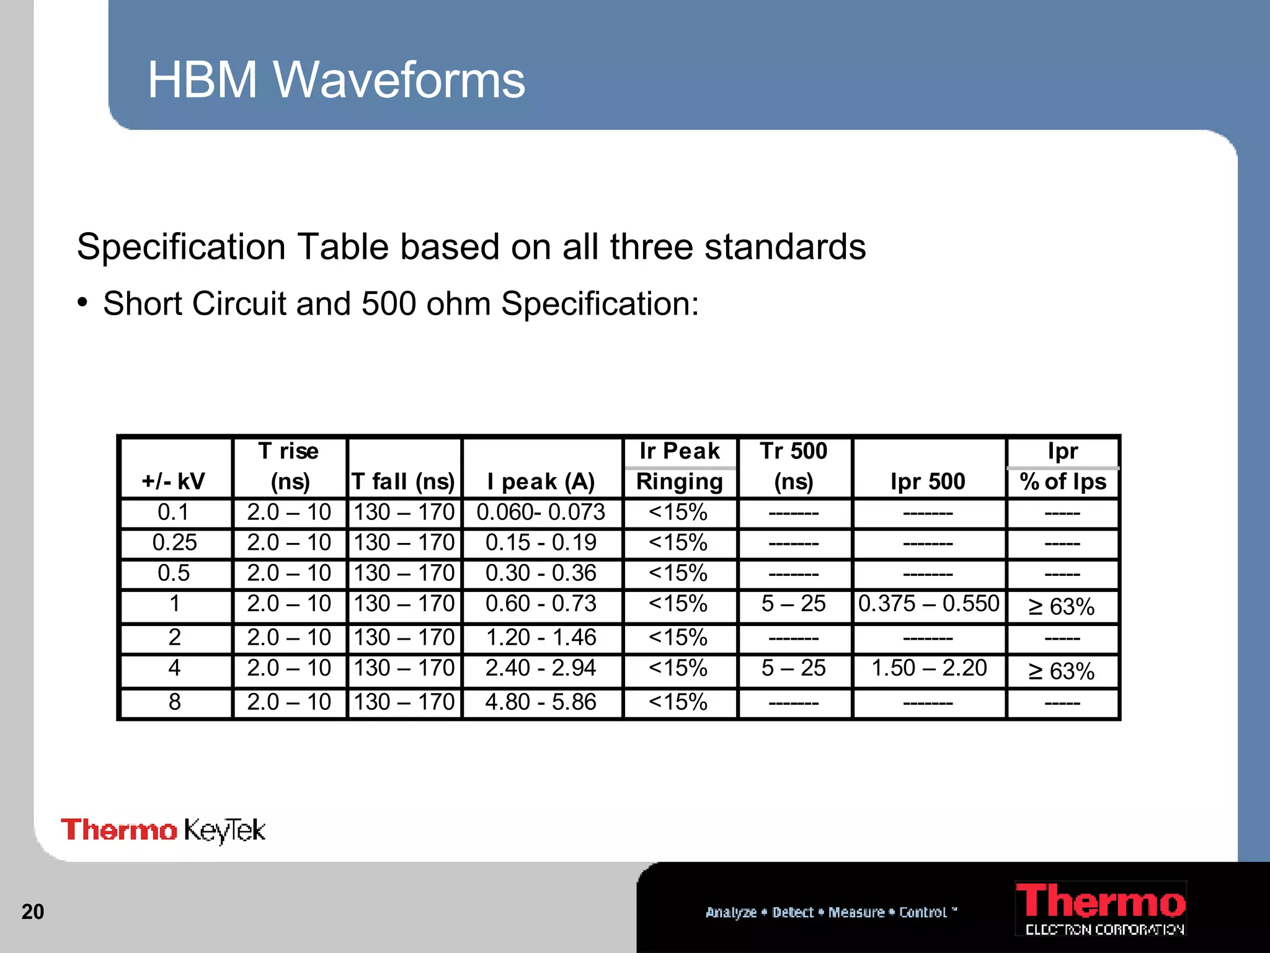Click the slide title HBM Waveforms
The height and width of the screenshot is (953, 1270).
point(336,80)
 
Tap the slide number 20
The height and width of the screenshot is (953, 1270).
point(33,911)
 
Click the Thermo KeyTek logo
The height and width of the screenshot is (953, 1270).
point(163,830)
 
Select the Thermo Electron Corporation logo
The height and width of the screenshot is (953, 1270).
point(1101,908)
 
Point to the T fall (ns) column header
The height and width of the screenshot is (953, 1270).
point(403,481)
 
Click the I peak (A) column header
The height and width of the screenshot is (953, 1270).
point(541,481)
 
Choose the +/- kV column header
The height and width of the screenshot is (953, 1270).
point(174,481)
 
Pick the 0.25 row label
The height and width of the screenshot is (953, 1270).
point(174,543)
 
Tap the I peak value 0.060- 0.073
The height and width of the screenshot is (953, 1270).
point(541,512)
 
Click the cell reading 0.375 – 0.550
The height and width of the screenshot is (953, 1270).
point(928,604)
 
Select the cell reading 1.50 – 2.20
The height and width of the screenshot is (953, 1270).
point(928,668)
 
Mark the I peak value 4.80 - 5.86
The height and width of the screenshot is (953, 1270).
point(541,702)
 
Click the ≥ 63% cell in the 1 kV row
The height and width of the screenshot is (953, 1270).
point(1062,607)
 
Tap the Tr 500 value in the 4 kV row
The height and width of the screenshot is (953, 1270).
point(793,668)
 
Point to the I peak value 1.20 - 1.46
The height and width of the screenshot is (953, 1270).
point(541,638)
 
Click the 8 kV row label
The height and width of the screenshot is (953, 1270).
point(174,702)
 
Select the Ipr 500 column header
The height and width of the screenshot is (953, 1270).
point(928,481)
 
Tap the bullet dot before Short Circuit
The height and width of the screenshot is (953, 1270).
point(82,303)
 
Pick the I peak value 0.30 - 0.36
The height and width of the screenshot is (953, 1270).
point(541,573)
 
